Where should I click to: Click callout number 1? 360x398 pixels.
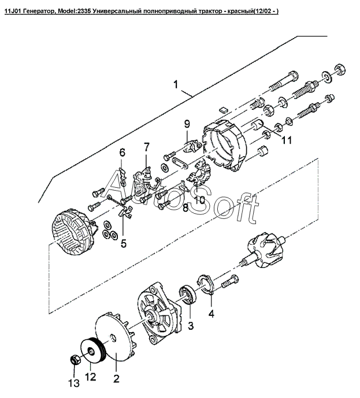pos(176,84)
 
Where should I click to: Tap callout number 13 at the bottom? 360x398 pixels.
pos(74,383)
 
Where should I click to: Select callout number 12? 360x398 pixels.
pos(91,377)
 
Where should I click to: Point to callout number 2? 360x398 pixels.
pos(116,378)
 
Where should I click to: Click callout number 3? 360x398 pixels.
pos(191,325)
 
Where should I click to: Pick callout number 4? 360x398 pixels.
pos(211,314)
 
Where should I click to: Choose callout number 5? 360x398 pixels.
pos(124,243)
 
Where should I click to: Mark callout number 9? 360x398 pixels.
pos(187,124)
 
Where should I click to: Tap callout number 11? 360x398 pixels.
pos(287,140)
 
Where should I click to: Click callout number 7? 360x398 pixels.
pos(147,147)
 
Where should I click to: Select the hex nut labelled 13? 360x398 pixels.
pos(74,360)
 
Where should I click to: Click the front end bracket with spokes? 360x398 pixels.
pos(159,313)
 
